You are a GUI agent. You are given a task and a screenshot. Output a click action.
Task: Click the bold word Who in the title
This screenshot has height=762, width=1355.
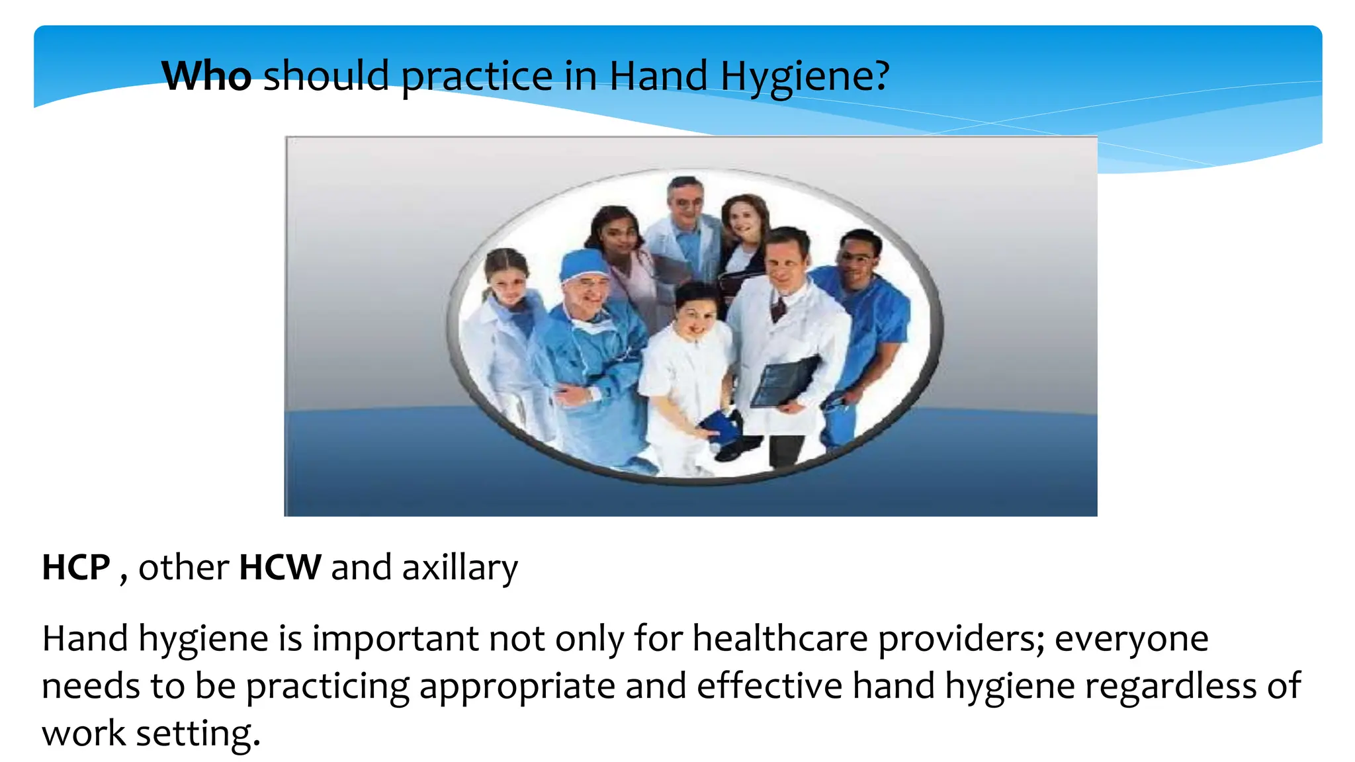(206, 75)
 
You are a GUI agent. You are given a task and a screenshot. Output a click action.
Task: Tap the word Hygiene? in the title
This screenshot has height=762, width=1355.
(805, 77)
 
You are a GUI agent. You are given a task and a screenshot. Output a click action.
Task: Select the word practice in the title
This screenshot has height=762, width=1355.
(476, 77)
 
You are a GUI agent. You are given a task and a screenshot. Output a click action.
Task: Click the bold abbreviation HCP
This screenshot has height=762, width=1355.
(76, 568)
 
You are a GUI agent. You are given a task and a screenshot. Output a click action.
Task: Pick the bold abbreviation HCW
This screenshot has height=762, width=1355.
(280, 568)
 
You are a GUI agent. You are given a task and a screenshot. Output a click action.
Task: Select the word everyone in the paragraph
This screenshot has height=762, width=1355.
(1131, 639)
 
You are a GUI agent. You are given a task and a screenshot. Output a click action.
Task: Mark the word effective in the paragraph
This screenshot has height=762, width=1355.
(769, 686)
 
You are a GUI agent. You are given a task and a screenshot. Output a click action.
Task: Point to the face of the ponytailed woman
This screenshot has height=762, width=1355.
(508, 283)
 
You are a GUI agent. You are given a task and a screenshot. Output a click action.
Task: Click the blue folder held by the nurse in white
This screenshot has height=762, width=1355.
(720, 427)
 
